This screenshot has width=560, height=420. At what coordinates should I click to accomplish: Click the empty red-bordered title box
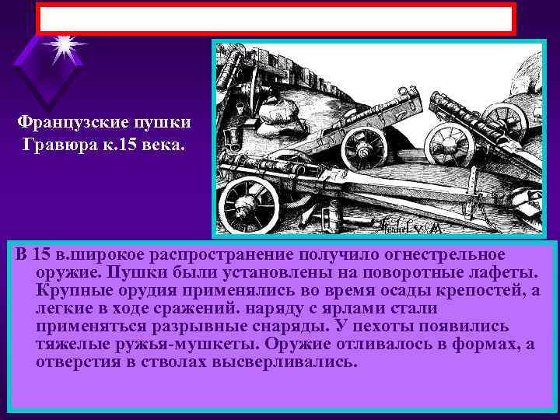tap(276, 19)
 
